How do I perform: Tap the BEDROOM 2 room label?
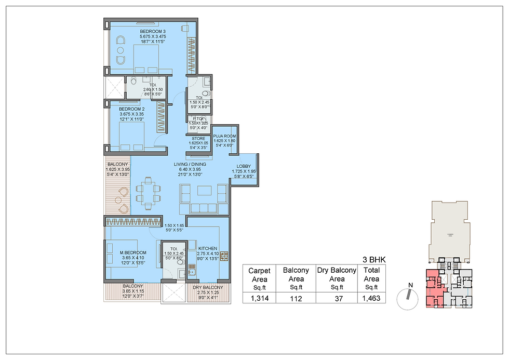tap(131, 109)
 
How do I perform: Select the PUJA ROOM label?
tap(225, 136)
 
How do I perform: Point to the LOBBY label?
tap(243, 166)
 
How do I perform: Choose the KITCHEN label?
tap(208, 248)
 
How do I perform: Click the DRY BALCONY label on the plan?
tap(208, 287)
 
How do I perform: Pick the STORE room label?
tap(198, 139)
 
